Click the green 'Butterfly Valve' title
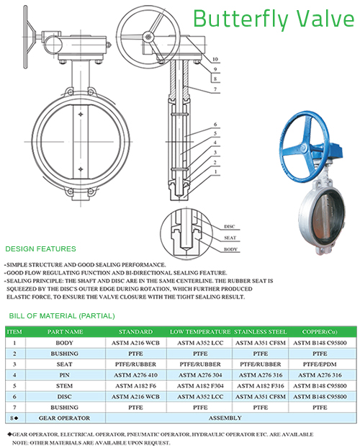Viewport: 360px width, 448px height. tap(274, 19)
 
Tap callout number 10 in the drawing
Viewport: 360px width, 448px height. tap(215, 60)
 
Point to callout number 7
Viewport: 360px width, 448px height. tap(215, 89)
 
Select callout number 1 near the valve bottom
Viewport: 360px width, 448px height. tap(215, 171)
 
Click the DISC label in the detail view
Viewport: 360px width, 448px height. tap(229, 227)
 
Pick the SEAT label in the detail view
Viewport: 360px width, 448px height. tap(230, 238)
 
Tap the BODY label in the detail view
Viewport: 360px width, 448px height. tap(230, 249)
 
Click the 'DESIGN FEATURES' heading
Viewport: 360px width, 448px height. tap(40, 249)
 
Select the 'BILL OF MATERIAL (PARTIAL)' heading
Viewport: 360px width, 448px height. tap(62, 316)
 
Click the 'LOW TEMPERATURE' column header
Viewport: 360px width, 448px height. tap(200, 332)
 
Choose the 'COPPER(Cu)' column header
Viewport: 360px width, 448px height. tap(320, 332)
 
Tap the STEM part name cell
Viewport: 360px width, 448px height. tap(64, 386)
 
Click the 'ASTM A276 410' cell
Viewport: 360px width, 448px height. tap(135, 375)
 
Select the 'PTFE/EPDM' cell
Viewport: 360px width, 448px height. tap(320, 364)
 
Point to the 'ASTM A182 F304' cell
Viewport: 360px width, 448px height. tap(200, 386)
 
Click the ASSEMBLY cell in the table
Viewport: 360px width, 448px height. tap(225, 418)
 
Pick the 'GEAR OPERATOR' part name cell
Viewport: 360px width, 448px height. tap(64, 418)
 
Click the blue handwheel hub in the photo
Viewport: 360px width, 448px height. tap(303, 148)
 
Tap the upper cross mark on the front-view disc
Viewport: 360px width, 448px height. tap(81, 115)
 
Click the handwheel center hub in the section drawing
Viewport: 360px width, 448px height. tap(148, 37)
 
